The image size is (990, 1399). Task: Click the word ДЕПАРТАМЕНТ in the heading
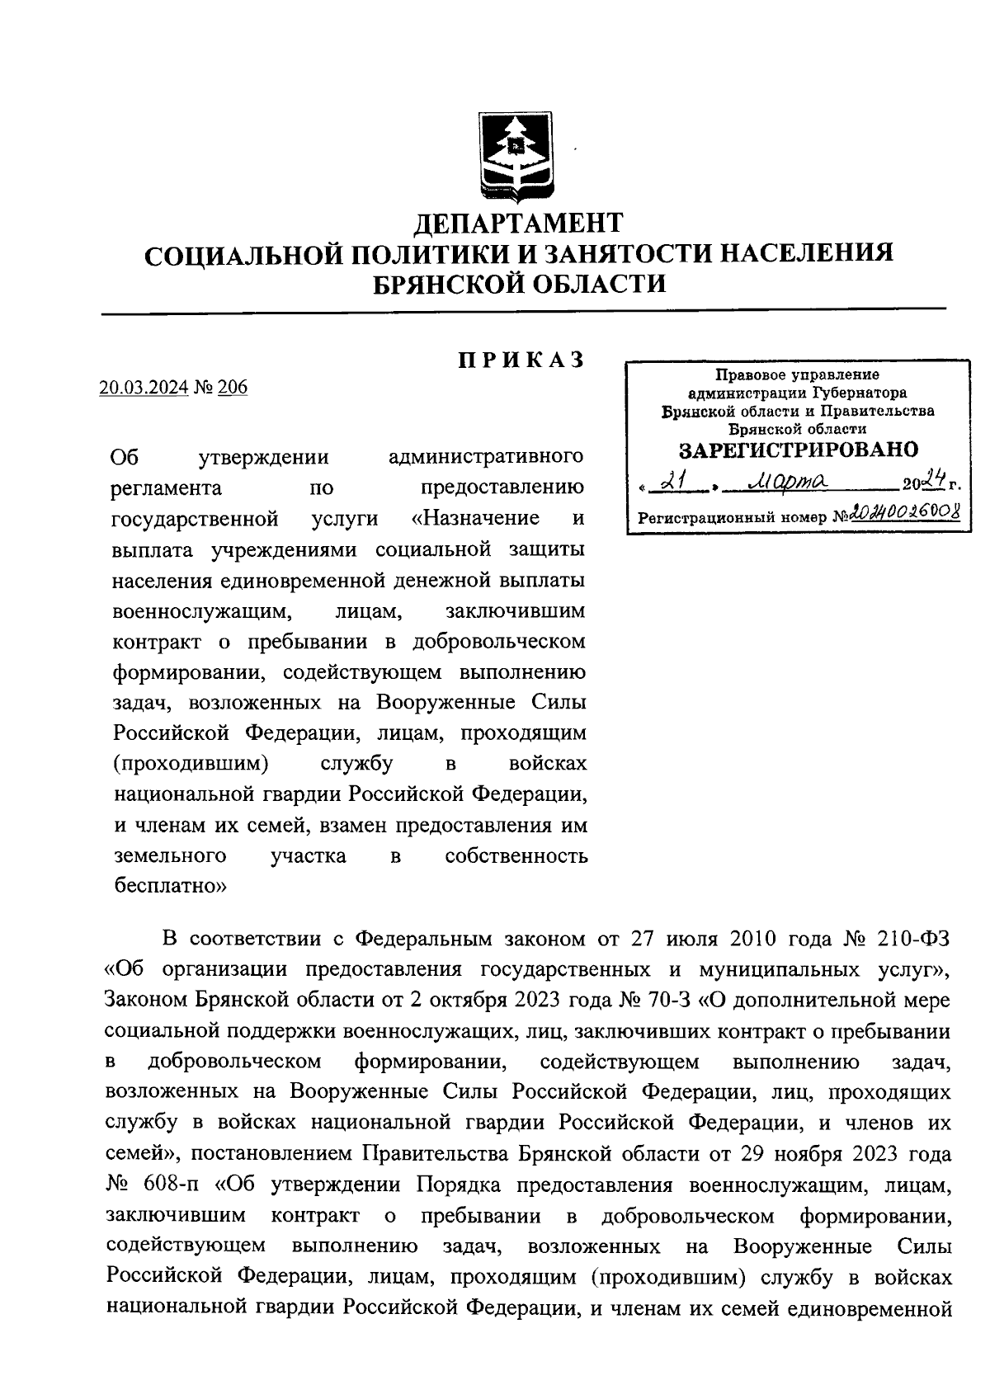(x=519, y=224)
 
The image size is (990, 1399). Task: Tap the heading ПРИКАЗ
(x=521, y=360)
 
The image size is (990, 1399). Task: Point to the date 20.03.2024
(x=144, y=387)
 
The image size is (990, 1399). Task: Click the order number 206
(x=233, y=387)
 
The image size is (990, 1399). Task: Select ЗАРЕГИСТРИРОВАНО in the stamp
(x=798, y=450)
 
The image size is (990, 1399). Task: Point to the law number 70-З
(x=669, y=1001)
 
